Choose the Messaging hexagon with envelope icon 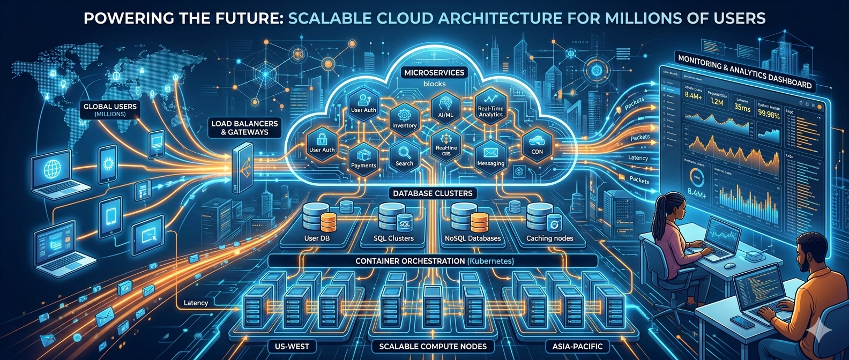tap(490, 156)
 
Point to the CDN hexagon tap(537, 145)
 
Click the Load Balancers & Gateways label tap(244, 127)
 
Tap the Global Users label tap(110, 110)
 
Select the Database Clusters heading tap(433, 193)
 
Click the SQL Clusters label tap(393, 238)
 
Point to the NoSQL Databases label tap(473, 238)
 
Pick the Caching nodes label tap(549, 238)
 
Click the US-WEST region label tap(292, 347)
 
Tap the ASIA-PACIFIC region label tap(574, 347)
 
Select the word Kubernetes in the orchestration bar tap(490, 261)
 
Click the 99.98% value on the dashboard tap(768, 114)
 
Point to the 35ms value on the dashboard tap(742, 108)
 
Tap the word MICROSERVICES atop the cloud tap(434, 73)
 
